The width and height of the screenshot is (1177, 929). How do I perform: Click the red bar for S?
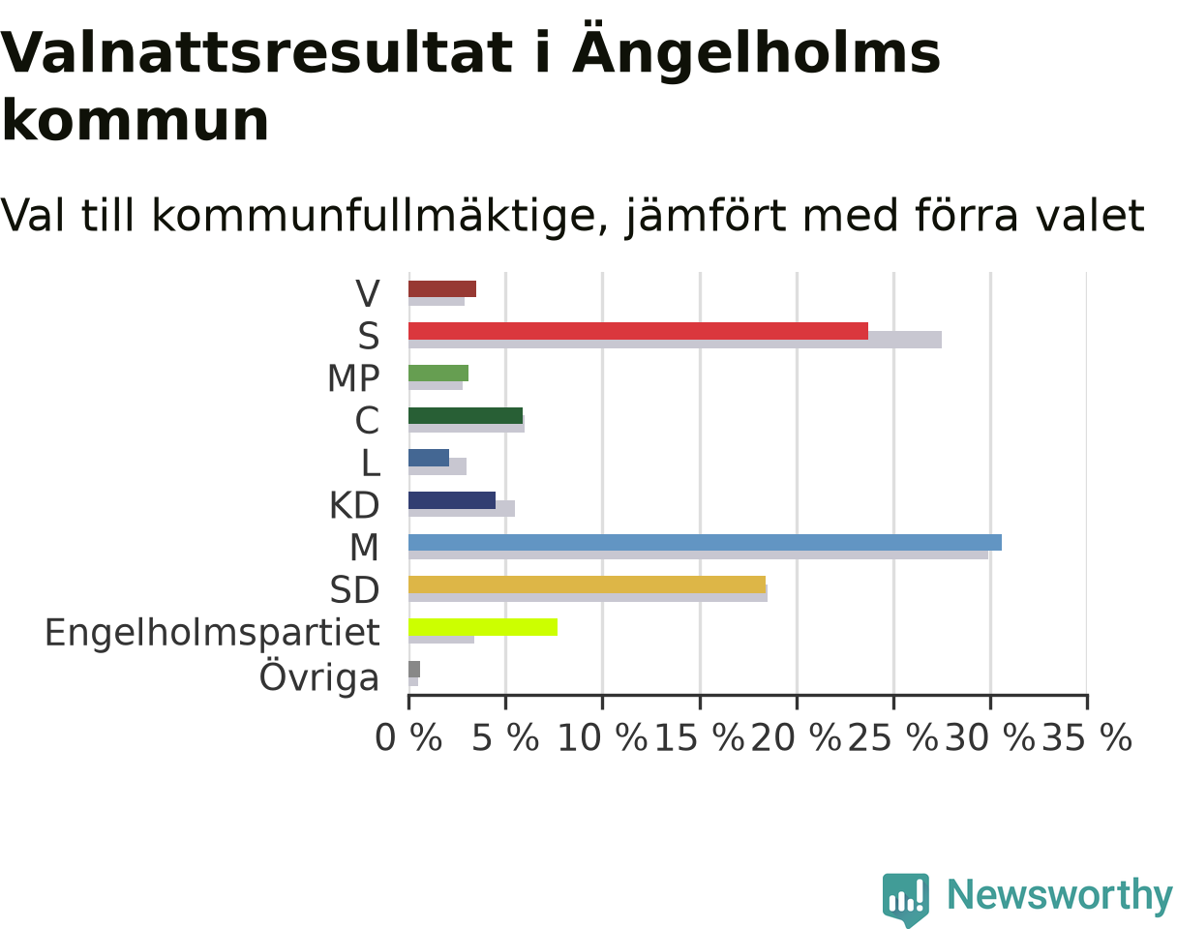[x=638, y=331]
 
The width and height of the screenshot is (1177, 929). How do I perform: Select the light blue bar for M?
[x=705, y=543]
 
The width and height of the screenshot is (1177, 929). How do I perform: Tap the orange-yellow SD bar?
[x=587, y=584]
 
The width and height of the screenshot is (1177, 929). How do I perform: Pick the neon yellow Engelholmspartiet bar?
[x=483, y=627]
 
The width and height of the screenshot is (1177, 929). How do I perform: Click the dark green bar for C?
[x=466, y=415]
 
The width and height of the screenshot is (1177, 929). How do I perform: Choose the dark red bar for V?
[x=442, y=288]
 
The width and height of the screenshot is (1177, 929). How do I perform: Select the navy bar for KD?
[x=452, y=500]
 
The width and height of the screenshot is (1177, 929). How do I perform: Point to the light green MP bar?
[x=438, y=374]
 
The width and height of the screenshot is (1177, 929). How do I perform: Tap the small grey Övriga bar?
[x=414, y=670]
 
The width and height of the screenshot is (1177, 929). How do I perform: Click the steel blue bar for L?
[x=429, y=458]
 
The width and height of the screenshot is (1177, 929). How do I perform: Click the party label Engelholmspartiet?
[x=212, y=633]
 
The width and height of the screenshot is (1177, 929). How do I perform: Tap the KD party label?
[x=354, y=505]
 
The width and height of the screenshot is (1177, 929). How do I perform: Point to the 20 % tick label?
[x=797, y=737]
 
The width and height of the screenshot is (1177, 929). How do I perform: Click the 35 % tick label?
[x=1087, y=737]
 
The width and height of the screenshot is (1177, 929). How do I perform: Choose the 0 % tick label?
[x=408, y=737]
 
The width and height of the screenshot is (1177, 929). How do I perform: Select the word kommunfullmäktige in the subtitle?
[x=374, y=216]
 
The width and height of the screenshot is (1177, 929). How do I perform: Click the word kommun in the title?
[x=135, y=120]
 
